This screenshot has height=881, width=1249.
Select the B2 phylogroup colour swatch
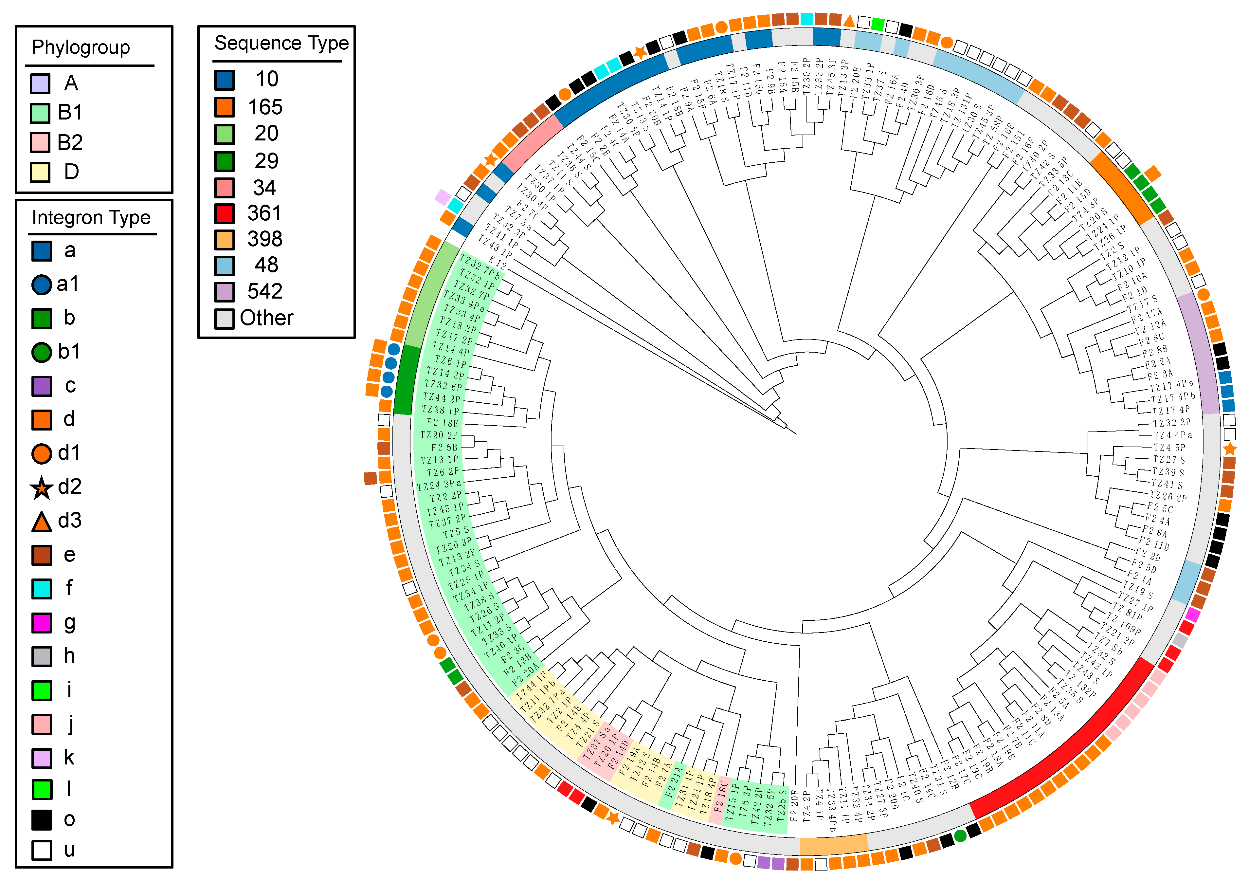tap(40, 142)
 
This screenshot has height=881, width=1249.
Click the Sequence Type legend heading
tap(281, 43)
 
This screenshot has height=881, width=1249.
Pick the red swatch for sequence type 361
tap(224, 213)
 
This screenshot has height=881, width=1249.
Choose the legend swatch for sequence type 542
tap(224, 292)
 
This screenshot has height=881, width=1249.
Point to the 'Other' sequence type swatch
tap(224, 318)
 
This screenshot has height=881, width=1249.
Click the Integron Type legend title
tap(91, 218)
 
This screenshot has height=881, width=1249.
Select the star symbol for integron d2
tap(41, 487)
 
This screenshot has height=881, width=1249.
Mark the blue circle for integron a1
tap(41, 284)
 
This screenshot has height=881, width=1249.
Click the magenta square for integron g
tap(41, 622)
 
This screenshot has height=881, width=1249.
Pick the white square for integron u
tap(41, 850)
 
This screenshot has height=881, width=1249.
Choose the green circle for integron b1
tap(41, 352)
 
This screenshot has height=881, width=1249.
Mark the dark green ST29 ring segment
tap(405, 381)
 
